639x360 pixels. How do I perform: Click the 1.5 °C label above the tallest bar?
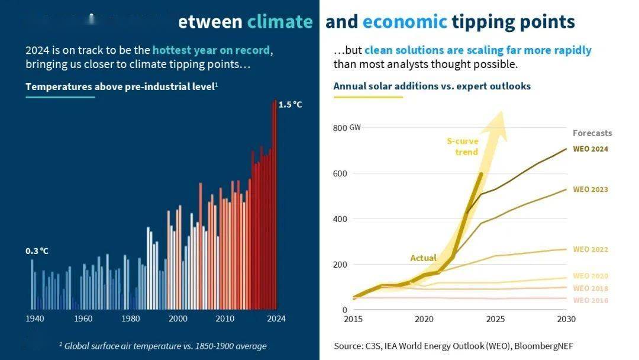pos(290,105)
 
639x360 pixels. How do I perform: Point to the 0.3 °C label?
pos(37,251)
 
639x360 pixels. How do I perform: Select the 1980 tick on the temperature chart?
pos(130,319)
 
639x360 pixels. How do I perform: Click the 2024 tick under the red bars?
pos(276,319)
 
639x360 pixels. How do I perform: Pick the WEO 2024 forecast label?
pos(590,149)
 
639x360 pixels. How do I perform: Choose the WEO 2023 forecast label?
pos(590,189)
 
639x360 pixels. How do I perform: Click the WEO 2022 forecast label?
pos(590,249)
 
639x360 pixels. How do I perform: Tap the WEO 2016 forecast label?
pos(590,300)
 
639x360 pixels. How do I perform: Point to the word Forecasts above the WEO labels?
pos(592,133)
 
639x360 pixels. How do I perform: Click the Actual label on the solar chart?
pos(424,258)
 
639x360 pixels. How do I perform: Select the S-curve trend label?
pos(463,146)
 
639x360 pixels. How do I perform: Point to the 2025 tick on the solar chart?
pos(495,319)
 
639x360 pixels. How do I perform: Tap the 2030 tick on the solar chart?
pos(566,319)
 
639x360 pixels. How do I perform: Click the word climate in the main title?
pos(280,22)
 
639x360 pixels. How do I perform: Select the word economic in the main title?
pos(405,22)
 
